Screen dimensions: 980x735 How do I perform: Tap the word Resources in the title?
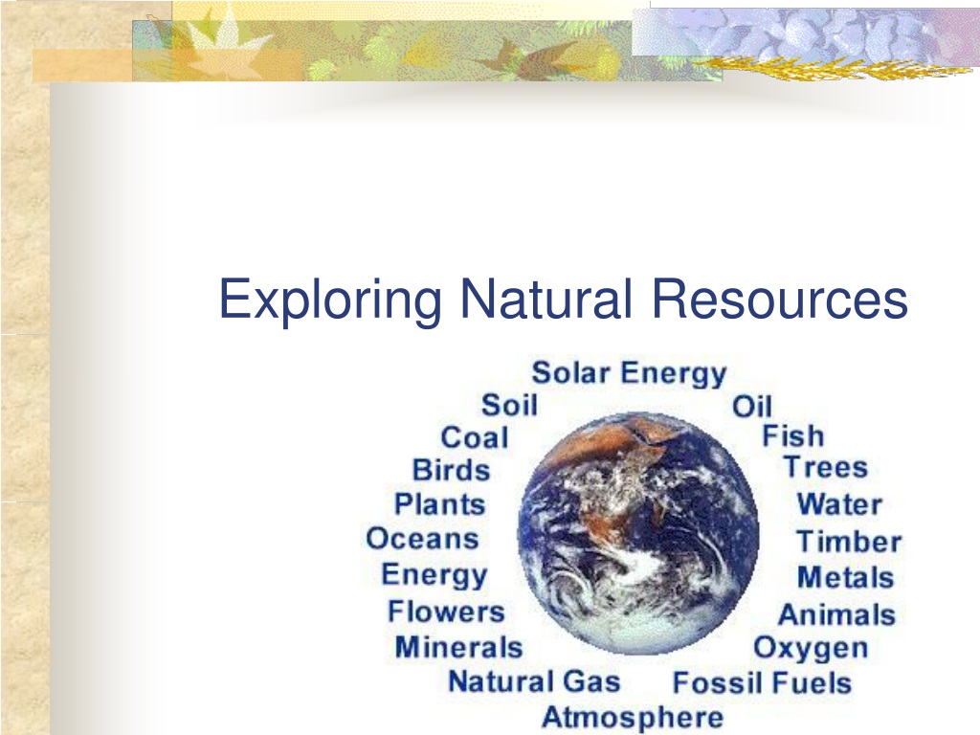pyautogui.click(x=779, y=299)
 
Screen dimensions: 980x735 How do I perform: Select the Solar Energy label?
pyautogui.click(x=629, y=373)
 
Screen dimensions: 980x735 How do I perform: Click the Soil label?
pyautogui.click(x=509, y=405)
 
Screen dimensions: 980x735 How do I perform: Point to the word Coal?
pyautogui.click(x=475, y=437)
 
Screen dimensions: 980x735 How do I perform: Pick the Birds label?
pyautogui.click(x=452, y=470)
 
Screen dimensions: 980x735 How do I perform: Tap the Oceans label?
pyautogui.click(x=422, y=538)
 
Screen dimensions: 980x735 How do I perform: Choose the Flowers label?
pyautogui.click(x=446, y=612)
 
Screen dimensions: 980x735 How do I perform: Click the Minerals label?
pyautogui.click(x=458, y=647)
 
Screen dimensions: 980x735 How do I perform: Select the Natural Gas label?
pyautogui.click(x=534, y=681)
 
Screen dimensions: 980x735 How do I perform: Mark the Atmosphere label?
pyautogui.click(x=633, y=717)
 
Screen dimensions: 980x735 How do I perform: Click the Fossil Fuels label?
pyautogui.click(x=762, y=682)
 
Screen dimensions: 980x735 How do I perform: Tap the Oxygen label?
pyautogui.click(x=811, y=649)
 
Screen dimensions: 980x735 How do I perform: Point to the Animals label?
pyautogui.click(x=836, y=614)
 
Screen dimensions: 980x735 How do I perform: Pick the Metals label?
pyautogui.click(x=846, y=577)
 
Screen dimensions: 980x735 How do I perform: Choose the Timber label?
pyautogui.click(x=849, y=542)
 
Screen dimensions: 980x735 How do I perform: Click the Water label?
pyautogui.click(x=839, y=503)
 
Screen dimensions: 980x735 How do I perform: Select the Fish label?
pyautogui.click(x=793, y=435)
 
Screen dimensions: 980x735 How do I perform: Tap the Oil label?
pyautogui.click(x=752, y=406)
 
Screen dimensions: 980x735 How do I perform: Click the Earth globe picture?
pyautogui.click(x=638, y=533)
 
